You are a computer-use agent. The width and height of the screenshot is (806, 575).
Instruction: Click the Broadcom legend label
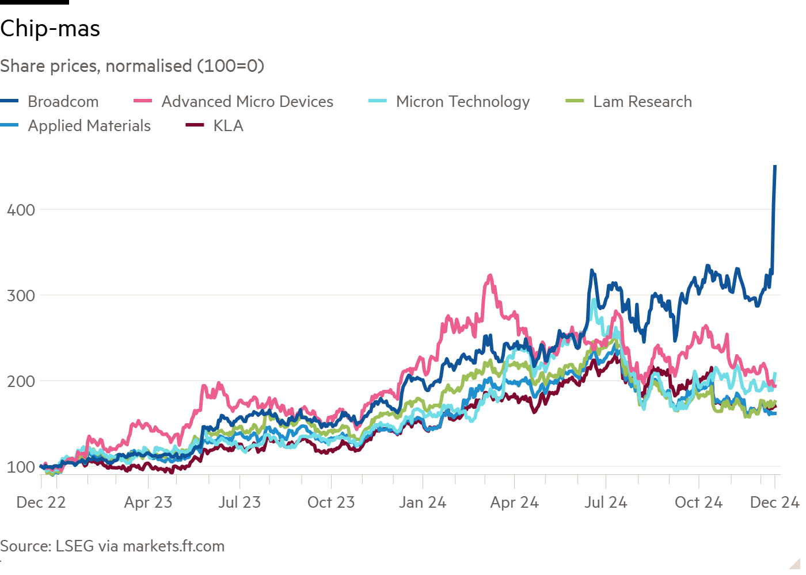(x=63, y=102)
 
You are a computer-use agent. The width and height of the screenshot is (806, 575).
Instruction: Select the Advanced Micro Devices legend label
(x=247, y=102)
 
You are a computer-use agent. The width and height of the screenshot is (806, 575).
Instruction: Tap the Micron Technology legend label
(x=462, y=102)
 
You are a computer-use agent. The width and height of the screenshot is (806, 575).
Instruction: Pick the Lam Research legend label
(x=642, y=102)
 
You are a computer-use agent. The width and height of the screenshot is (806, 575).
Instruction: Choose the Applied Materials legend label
(x=89, y=126)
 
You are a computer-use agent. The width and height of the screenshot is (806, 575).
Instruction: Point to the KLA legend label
(x=228, y=126)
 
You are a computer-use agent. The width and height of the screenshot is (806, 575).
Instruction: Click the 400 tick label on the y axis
(x=21, y=210)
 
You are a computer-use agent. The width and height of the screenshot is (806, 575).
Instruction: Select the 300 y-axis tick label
(x=21, y=296)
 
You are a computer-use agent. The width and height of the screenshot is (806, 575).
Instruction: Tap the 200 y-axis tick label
(x=21, y=381)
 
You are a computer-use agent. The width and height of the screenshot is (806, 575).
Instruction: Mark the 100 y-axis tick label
(x=21, y=467)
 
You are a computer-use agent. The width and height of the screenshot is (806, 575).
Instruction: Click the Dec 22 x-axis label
(x=41, y=503)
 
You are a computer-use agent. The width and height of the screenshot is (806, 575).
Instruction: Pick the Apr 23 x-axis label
(x=148, y=503)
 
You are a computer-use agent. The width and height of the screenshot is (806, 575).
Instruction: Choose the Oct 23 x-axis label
(x=331, y=503)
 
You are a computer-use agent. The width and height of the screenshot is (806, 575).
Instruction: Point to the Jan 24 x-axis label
(x=423, y=503)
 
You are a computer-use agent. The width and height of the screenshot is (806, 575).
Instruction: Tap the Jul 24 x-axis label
(x=606, y=503)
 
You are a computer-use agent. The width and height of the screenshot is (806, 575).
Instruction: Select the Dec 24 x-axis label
(x=774, y=503)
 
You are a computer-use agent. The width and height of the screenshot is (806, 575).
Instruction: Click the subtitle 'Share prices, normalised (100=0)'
(x=132, y=66)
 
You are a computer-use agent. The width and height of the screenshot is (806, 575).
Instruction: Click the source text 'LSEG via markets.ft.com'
(x=140, y=546)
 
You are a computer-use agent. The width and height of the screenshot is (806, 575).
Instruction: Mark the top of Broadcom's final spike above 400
(x=775, y=166)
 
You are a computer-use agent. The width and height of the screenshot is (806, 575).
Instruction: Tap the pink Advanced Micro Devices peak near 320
(x=490, y=275)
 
